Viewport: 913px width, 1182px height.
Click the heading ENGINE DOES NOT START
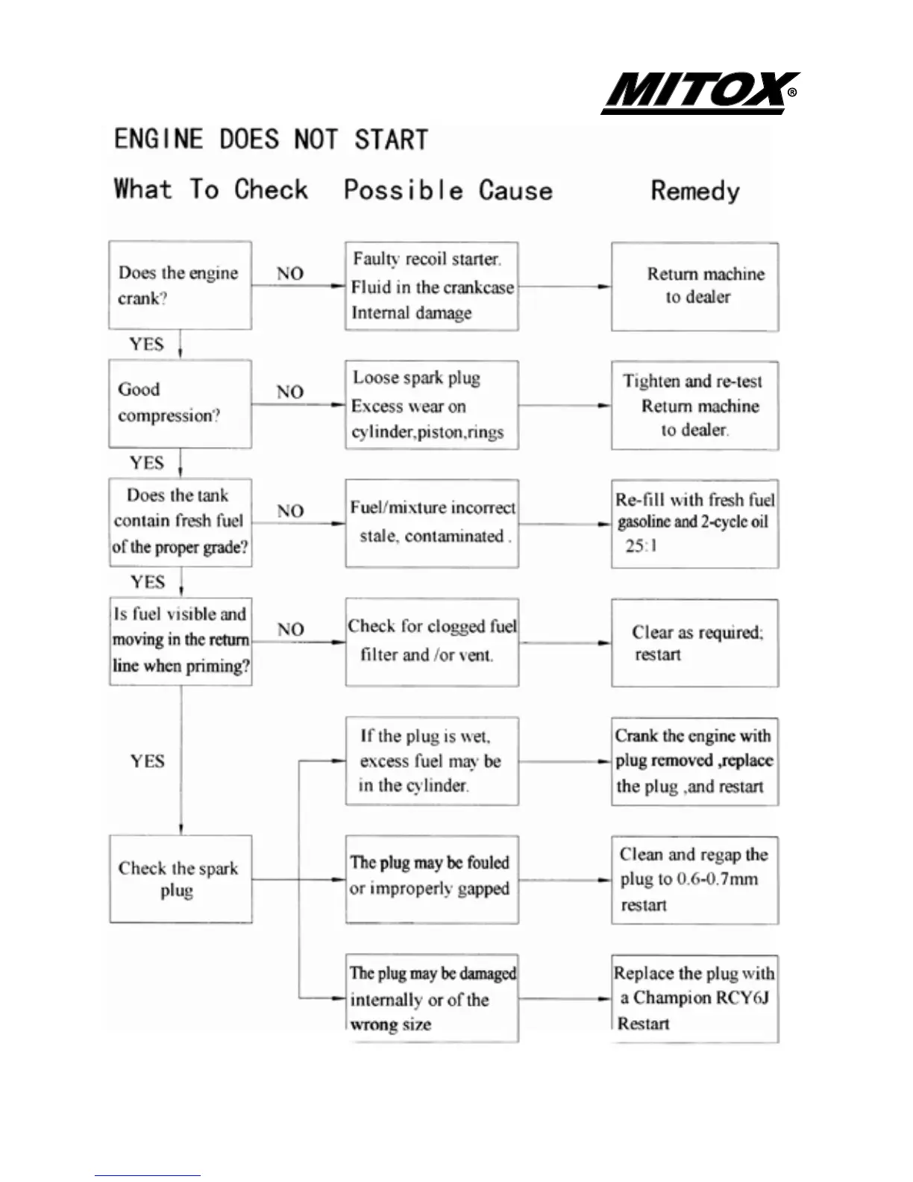coord(271,140)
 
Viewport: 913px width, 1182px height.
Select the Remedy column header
coord(695,191)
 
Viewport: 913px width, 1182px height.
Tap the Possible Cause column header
coord(448,190)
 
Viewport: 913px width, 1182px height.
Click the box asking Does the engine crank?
coord(180,285)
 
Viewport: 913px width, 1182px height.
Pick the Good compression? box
coord(180,404)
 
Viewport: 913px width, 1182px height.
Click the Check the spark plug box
coord(181,879)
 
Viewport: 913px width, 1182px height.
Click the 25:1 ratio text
coord(641,545)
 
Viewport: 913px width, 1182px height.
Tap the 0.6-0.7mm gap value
coord(717,879)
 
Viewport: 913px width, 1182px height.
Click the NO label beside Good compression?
coord(290,392)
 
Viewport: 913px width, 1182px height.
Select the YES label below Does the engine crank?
coord(146,344)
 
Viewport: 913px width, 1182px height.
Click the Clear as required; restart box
coord(694,642)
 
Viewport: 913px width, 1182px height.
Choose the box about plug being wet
coord(431,761)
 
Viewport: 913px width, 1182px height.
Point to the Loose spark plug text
coord(416,378)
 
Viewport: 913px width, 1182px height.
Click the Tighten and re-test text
coord(692,381)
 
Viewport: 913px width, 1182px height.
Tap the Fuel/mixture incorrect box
coord(432,523)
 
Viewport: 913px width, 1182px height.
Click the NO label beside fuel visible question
coord(290,629)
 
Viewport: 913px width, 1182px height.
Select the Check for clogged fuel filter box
coord(432,642)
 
